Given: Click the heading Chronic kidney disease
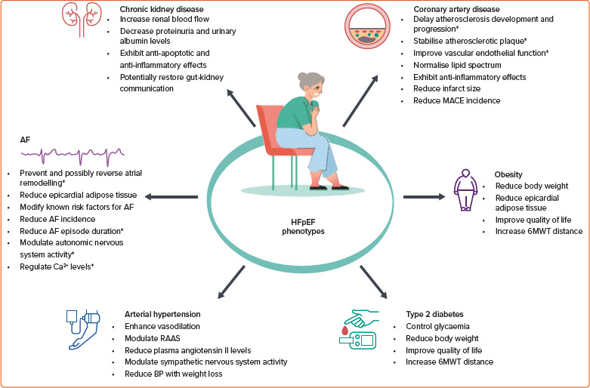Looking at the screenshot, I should pos(161,10).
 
